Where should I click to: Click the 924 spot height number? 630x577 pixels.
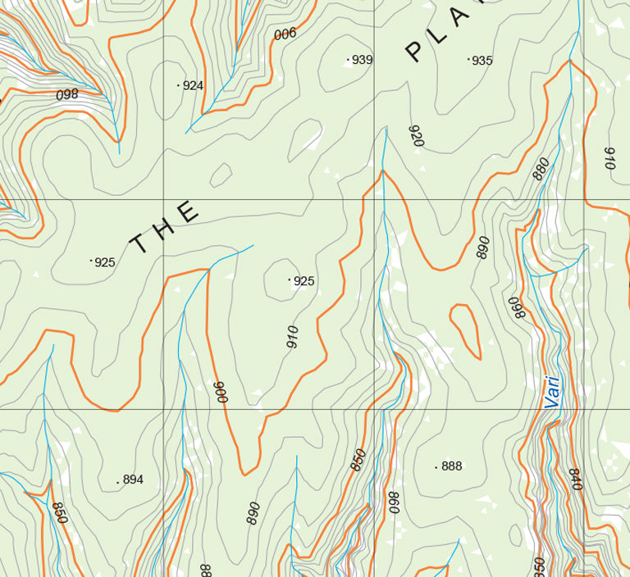point(193,85)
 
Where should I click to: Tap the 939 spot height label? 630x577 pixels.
point(362,60)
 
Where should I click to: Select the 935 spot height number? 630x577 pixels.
point(482,61)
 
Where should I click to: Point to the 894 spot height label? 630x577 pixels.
point(133,479)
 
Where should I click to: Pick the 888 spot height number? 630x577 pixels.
point(451,466)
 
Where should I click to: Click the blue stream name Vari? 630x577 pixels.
point(553,392)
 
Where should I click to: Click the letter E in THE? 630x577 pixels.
point(187,212)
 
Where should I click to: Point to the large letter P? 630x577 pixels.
point(415,52)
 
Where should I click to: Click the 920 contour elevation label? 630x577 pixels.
point(416,137)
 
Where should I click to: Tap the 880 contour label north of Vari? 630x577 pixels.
point(541,168)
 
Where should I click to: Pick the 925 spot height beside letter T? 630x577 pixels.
point(104,262)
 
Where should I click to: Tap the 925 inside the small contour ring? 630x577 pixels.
point(304,281)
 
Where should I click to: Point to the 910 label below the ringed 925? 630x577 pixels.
point(292,337)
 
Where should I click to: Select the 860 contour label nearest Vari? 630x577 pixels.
point(515,308)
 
